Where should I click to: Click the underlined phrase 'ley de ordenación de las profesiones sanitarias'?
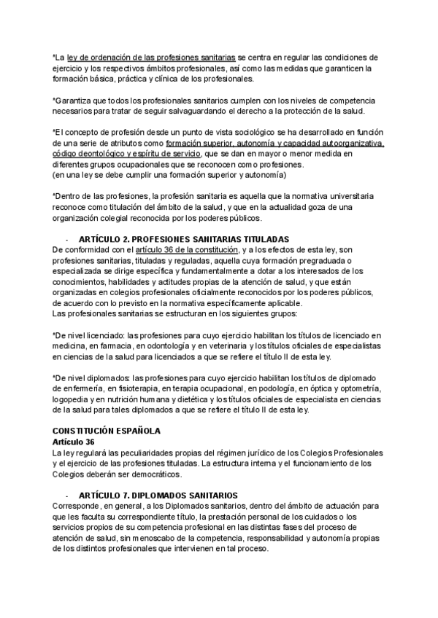coord(151,56)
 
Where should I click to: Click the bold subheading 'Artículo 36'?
coord(74,442)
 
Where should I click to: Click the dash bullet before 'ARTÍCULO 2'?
coord(67,239)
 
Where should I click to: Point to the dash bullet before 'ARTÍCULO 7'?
coord(67,495)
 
